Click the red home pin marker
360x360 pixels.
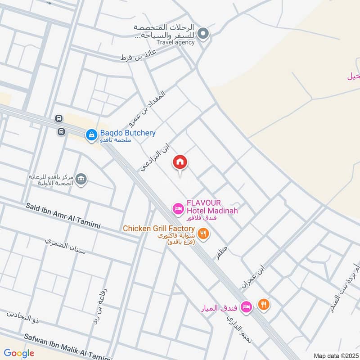pos(180,162)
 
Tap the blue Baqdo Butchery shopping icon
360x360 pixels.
pos(91,134)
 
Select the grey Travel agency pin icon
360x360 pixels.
pos(203,33)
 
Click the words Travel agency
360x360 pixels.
pos(176,42)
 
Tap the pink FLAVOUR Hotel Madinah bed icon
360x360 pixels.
pos(178,208)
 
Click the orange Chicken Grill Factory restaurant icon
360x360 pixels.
pos(203,233)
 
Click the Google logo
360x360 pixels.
pos(19,353)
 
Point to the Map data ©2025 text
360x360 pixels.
pos(335,355)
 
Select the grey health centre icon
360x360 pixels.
pos(81,179)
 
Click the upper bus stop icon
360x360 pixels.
pos(58,119)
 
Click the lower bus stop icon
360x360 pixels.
pos(61,132)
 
